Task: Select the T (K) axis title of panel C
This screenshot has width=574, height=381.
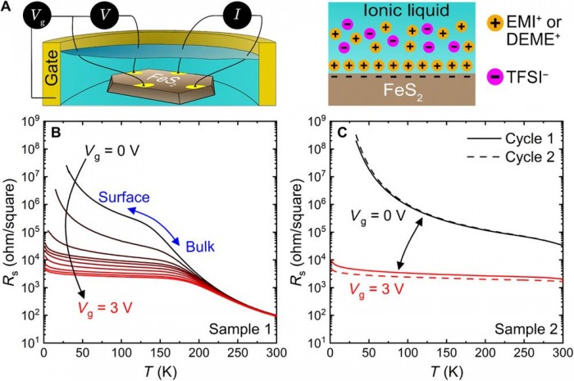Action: tap(445, 368)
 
